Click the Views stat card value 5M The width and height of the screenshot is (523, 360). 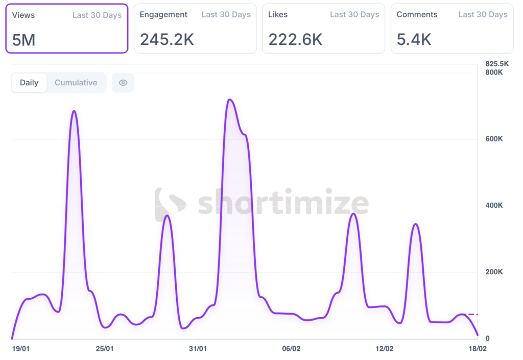click(24, 39)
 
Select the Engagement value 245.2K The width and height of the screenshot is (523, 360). click(167, 39)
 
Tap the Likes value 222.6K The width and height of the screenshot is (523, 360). click(295, 39)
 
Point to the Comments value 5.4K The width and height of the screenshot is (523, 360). click(414, 39)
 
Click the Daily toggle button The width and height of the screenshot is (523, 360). click(29, 83)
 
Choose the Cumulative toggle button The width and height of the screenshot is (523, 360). click(76, 83)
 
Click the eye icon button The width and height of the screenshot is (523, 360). click(123, 83)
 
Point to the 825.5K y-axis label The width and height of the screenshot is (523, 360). click(497, 64)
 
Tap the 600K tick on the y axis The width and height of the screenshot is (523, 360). click(494, 139)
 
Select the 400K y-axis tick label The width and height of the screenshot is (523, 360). click(494, 205)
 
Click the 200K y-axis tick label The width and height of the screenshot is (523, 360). click(494, 272)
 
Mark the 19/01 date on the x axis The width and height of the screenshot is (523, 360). click(20, 349)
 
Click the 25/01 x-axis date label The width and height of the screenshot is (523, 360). click(105, 349)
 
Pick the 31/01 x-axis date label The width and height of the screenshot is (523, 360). click(198, 349)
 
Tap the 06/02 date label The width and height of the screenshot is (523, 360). click(291, 349)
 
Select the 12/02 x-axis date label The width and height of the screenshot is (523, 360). click(384, 349)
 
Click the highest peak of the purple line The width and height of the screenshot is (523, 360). click(229, 100)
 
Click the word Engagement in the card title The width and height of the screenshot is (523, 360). click(163, 15)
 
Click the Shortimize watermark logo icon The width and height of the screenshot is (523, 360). click(170, 204)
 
